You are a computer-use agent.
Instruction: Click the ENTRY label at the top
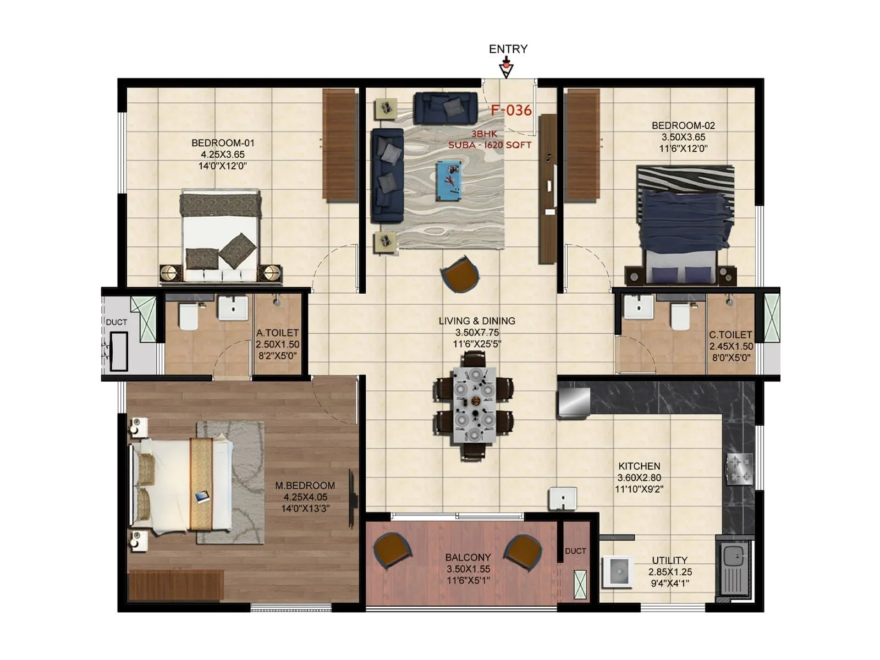pos(508,49)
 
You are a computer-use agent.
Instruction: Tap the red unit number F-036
pos(511,111)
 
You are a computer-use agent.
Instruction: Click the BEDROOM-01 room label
pos(222,143)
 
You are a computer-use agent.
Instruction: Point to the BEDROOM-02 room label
pos(683,125)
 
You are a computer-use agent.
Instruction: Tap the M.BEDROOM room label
pos(305,486)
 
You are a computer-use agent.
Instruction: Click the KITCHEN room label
pos(639,466)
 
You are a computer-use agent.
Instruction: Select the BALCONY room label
pos(468,557)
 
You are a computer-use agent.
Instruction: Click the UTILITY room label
pos(669,560)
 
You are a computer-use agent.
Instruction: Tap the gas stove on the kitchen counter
pos(739,469)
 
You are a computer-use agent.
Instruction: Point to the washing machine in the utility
pos(618,572)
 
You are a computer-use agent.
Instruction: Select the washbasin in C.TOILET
pos(638,307)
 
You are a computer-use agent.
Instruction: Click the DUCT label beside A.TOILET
pos(116,322)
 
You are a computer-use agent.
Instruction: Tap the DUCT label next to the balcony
pos(575,551)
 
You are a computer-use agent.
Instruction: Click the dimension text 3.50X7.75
pos(477,333)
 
